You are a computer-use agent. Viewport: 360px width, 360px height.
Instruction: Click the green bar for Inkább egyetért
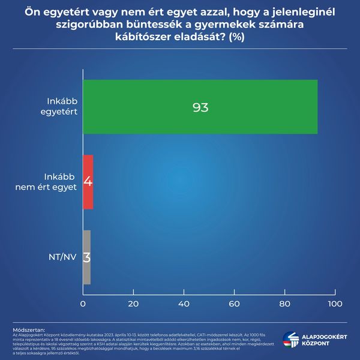200,106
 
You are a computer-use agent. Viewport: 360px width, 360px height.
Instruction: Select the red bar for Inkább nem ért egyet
88,182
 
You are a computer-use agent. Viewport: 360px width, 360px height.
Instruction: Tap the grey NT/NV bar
86,257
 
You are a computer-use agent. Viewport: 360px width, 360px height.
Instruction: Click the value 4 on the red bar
88,182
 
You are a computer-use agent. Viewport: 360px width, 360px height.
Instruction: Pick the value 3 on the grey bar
86,257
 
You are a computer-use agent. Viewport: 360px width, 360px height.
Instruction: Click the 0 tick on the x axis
83,304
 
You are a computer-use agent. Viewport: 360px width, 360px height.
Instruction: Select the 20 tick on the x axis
133,304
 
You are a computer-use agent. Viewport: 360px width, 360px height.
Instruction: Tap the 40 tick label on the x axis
184,304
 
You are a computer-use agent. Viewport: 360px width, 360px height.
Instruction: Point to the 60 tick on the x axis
234,304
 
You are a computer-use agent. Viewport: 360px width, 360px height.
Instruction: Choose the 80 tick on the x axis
284,304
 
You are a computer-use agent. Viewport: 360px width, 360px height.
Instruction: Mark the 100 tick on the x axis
334,304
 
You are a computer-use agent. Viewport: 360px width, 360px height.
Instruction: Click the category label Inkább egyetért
62,106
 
